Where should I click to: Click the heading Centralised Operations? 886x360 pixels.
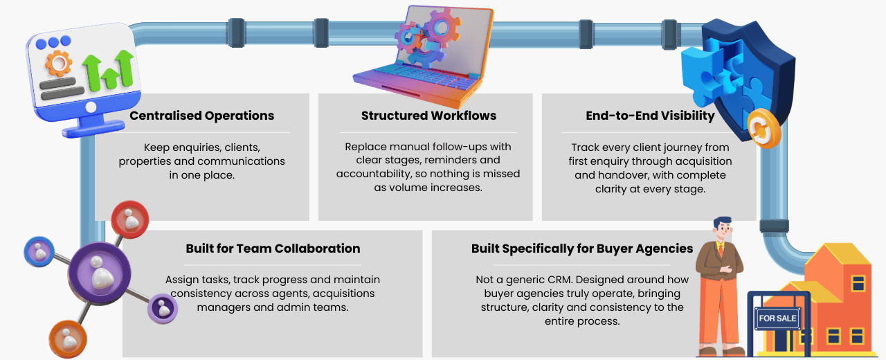pyautogui.click(x=201, y=116)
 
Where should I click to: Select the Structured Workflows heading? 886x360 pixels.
pyautogui.click(x=428, y=116)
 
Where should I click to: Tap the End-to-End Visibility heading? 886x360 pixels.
pyautogui.click(x=650, y=116)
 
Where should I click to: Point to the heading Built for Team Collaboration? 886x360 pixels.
pyautogui.click(x=273, y=249)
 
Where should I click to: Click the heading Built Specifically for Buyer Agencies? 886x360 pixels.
pyautogui.click(x=582, y=249)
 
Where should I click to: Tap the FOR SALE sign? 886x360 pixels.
pyautogui.click(x=778, y=319)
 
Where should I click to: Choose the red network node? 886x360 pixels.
pyautogui.click(x=130, y=221)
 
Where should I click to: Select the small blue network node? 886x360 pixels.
pyautogui.click(x=39, y=253)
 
